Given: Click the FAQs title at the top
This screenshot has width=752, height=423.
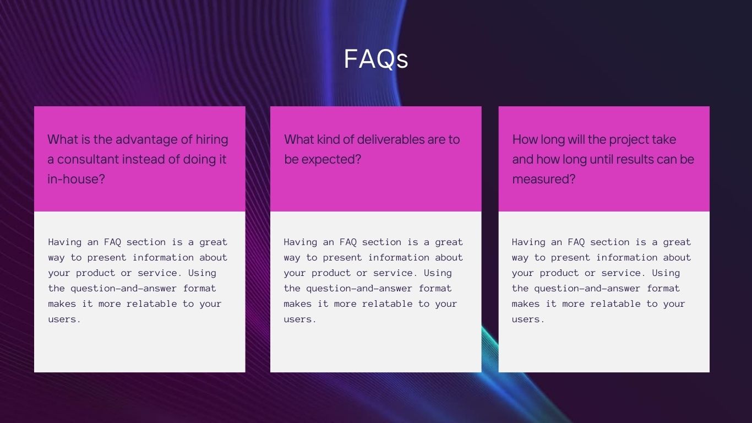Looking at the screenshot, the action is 376,59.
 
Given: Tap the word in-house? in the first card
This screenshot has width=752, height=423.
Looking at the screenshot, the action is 76,179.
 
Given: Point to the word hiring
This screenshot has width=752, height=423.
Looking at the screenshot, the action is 212,140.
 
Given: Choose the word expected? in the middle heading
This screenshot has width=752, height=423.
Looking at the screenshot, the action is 331,160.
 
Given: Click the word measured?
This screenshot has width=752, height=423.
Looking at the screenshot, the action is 543,179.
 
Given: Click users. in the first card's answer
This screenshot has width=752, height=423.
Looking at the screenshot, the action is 64,319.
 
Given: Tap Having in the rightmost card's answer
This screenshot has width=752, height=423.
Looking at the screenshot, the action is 528,242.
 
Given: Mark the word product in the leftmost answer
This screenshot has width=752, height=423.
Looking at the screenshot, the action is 95,273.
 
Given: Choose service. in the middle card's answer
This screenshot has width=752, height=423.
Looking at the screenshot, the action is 395,273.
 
